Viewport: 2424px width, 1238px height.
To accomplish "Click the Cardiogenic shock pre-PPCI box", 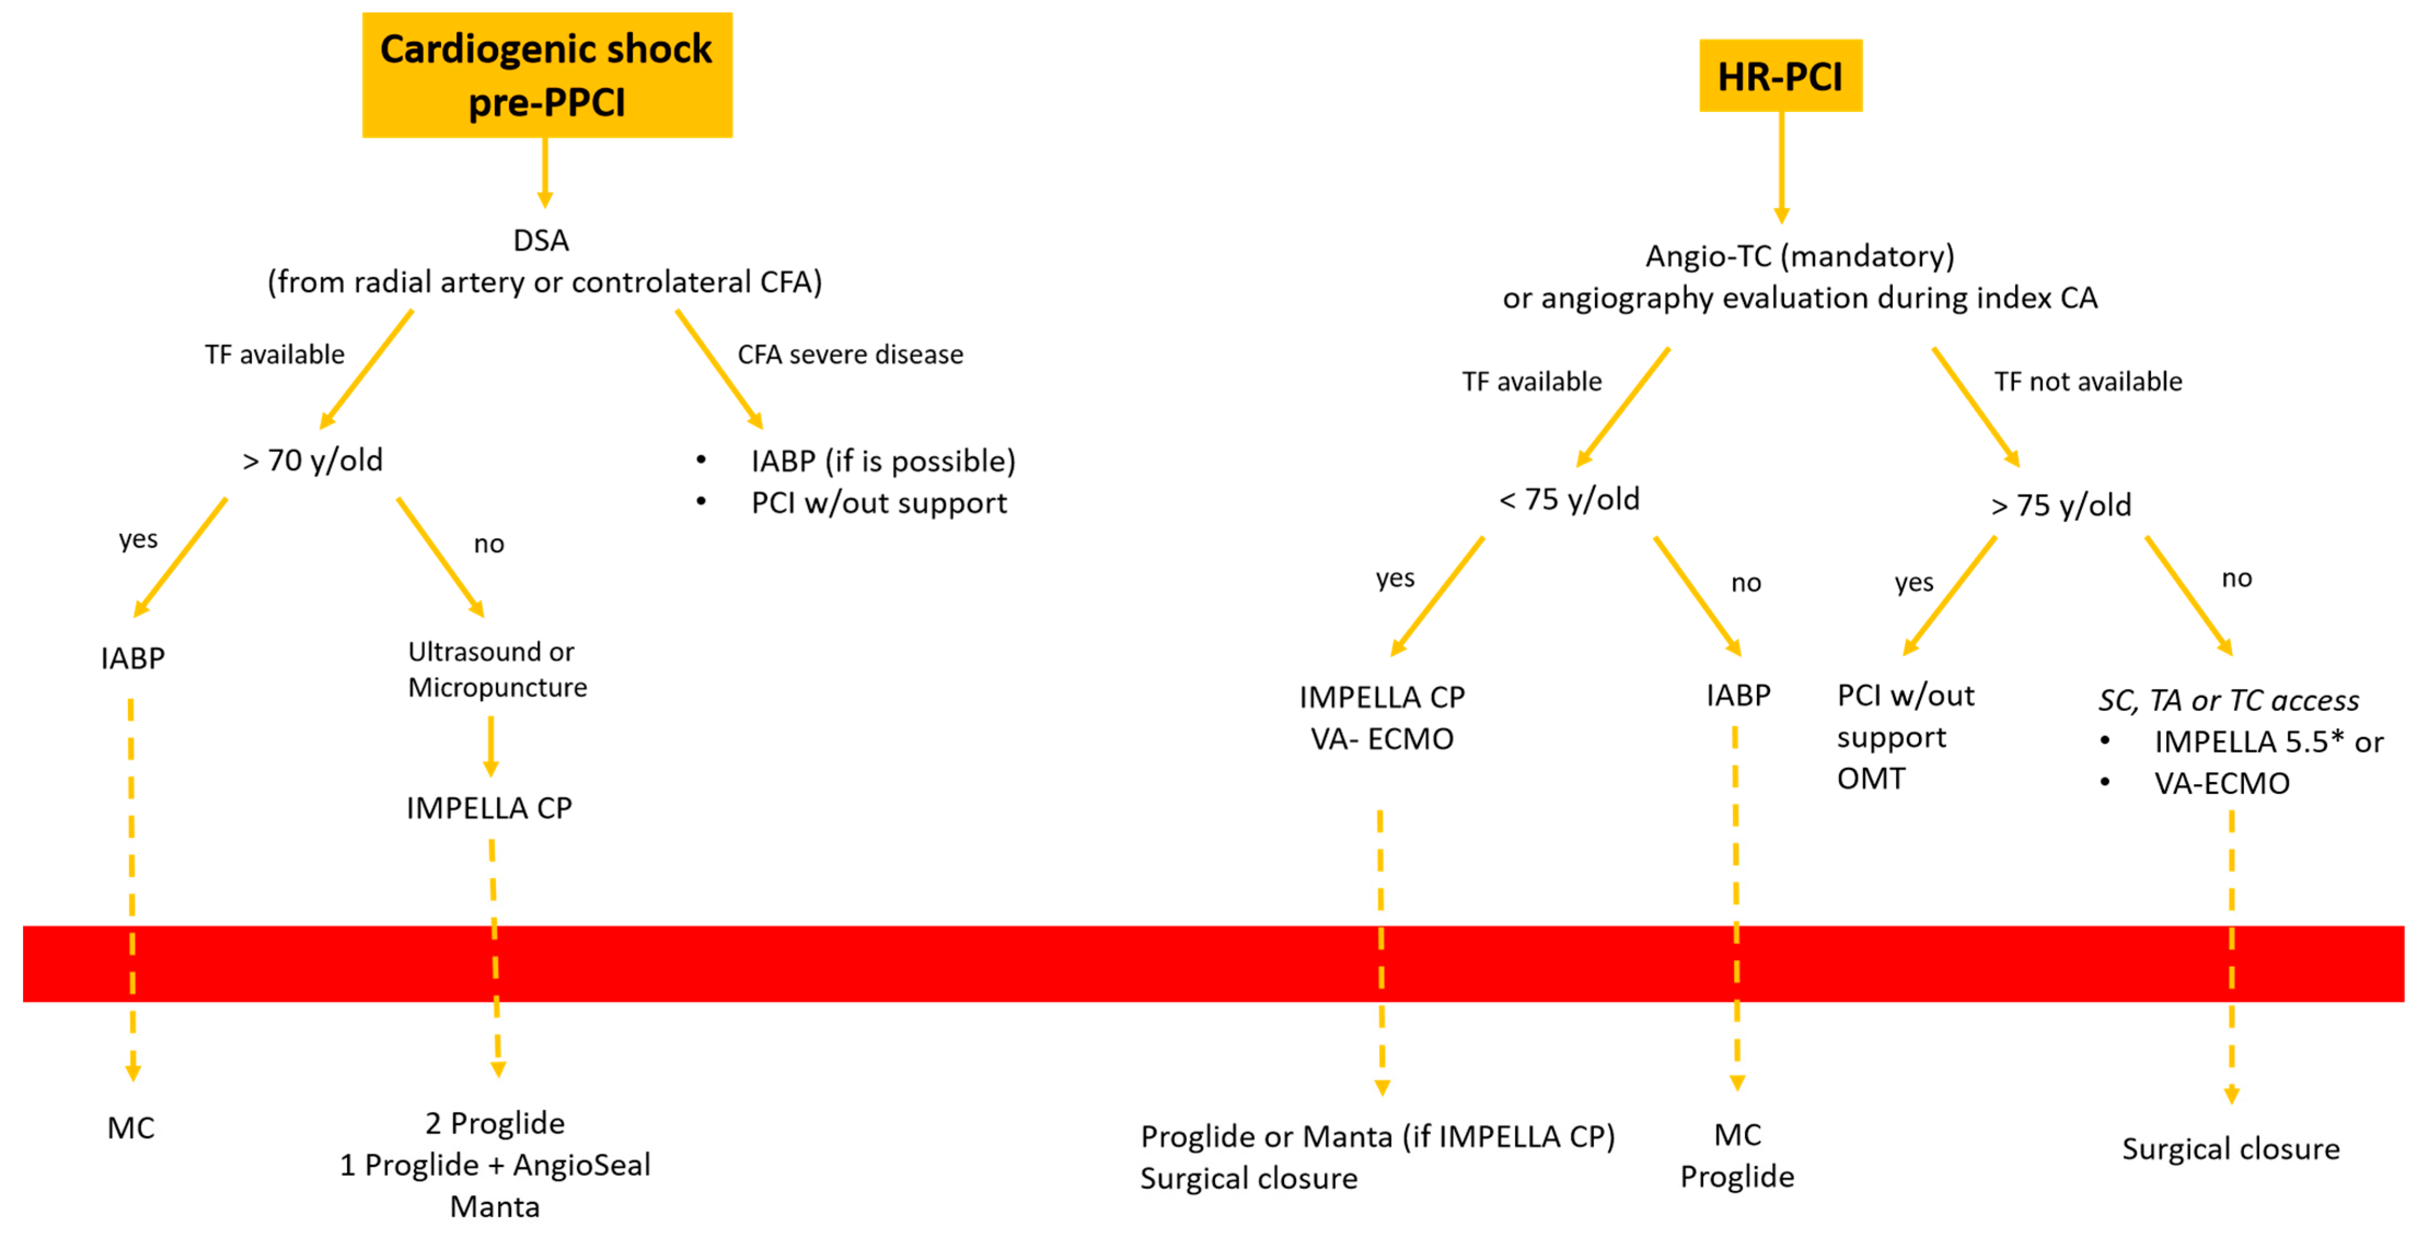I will click(x=547, y=75).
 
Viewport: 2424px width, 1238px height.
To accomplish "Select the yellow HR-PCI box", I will click(x=1779, y=75).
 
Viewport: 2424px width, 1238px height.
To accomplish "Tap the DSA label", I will click(x=541, y=241).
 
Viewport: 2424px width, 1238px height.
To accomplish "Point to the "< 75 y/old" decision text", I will click(x=1569, y=499).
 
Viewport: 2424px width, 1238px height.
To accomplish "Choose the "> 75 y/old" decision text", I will click(x=2061, y=505).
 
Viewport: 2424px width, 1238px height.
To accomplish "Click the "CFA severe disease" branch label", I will click(x=850, y=355).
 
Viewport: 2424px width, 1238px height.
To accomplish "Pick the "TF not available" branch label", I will click(x=2087, y=381).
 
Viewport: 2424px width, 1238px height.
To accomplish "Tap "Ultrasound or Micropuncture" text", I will click(x=497, y=669).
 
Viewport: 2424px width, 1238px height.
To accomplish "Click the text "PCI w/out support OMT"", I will click(x=1905, y=737).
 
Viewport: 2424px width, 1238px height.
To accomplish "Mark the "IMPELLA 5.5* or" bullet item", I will click(x=2268, y=741).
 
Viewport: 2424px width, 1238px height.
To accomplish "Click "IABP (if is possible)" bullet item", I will click(x=883, y=461).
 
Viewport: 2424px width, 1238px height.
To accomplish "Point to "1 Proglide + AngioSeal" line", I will click(x=495, y=1165).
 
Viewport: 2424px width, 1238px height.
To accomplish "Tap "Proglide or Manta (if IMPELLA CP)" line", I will click(x=1377, y=1136).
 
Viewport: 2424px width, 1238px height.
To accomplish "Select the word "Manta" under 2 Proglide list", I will click(x=495, y=1206).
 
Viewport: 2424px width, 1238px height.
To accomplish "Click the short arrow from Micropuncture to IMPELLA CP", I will click(x=490, y=746).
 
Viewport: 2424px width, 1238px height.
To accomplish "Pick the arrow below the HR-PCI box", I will click(x=1781, y=167).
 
